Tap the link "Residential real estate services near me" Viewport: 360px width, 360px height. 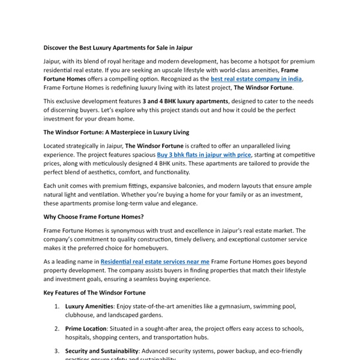coord(155,262)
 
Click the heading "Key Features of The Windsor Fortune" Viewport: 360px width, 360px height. coord(94,292)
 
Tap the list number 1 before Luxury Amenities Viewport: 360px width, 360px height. coord(56,306)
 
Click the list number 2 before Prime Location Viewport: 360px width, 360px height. coord(56,329)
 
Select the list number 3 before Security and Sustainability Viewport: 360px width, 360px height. coord(56,351)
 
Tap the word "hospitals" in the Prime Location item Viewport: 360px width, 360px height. coord(82,337)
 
